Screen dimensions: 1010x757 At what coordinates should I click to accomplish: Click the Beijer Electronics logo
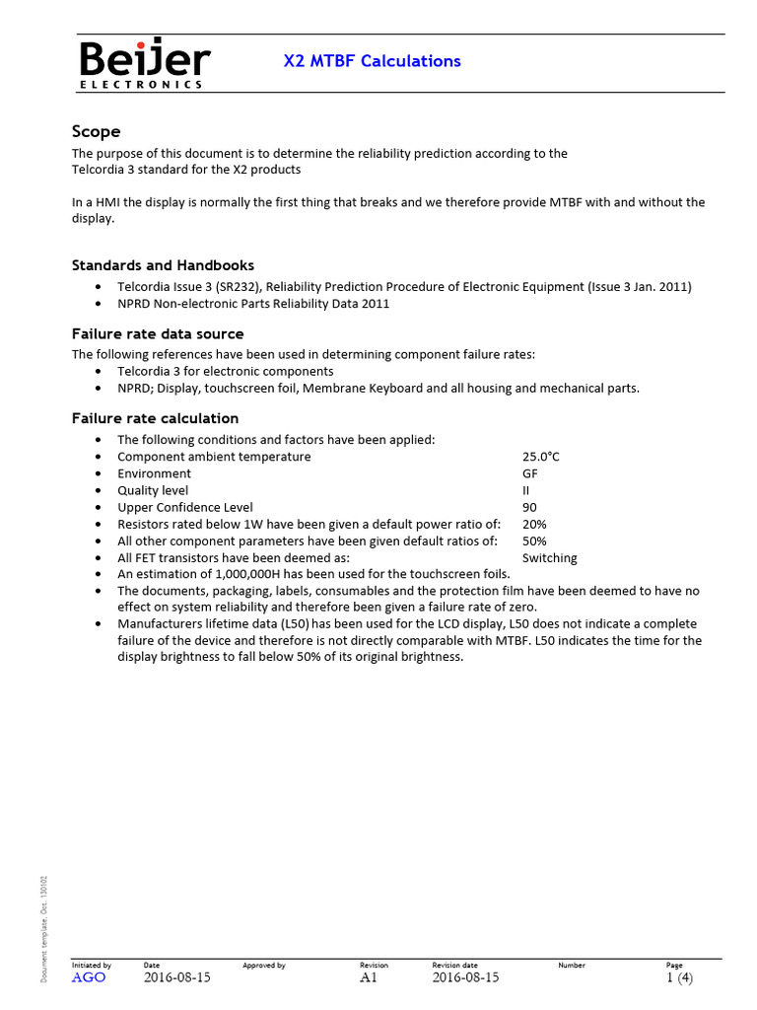click(x=144, y=64)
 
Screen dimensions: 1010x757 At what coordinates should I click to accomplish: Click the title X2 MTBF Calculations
click(x=372, y=61)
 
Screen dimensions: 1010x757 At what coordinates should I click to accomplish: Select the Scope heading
click(x=97, y=131)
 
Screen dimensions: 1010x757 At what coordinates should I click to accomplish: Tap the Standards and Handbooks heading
click(x=163, y=265)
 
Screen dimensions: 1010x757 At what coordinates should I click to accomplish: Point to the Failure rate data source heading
click(x=158, y=334)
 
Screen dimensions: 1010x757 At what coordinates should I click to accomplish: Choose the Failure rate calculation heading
click(x=155, y=418)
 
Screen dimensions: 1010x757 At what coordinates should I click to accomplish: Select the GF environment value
click(x=529, y=473)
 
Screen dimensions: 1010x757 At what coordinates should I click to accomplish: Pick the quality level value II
click(x=525, y=490)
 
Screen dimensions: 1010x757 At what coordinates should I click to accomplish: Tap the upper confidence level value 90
click(x=529, y=507)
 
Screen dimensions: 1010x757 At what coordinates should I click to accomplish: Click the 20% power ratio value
click(x=534, y=524)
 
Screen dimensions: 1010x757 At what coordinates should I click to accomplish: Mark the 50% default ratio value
click(x=534, y=541)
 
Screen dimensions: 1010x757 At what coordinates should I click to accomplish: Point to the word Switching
click(x=549, y=557)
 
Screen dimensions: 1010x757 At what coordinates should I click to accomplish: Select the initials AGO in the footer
click(x=89, y=977)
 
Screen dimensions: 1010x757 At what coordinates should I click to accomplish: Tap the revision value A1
click(x=369, y=977)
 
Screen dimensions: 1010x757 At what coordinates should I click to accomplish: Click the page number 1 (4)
click(x=679, y=977)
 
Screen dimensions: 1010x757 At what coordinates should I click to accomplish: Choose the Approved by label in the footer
click(x=263, y=965)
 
